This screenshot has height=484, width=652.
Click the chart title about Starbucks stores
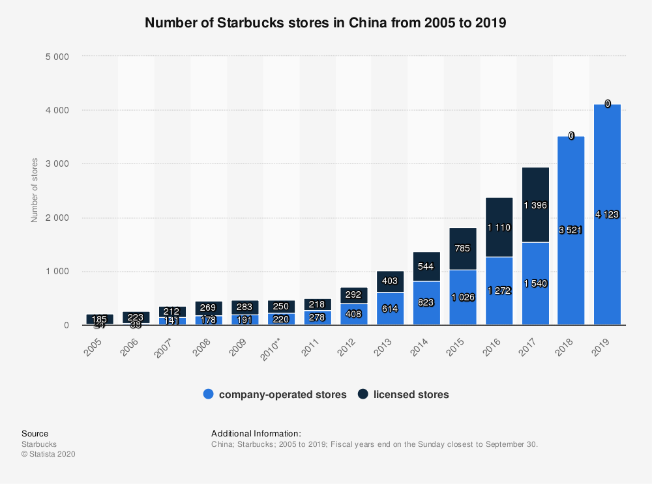point(325,23)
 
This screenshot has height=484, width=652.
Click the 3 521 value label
point(570,230)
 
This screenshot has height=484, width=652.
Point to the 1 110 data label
point(499,227)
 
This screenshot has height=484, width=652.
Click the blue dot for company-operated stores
point(209,394)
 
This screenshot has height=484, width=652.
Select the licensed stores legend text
point(411,394)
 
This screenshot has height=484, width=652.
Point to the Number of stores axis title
point(35,190)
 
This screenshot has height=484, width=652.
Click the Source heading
point(35,433)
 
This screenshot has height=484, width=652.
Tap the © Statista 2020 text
point(48,454)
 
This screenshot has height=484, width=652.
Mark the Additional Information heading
point(256,433)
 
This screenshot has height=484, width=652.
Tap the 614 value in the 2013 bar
point(390,309)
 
